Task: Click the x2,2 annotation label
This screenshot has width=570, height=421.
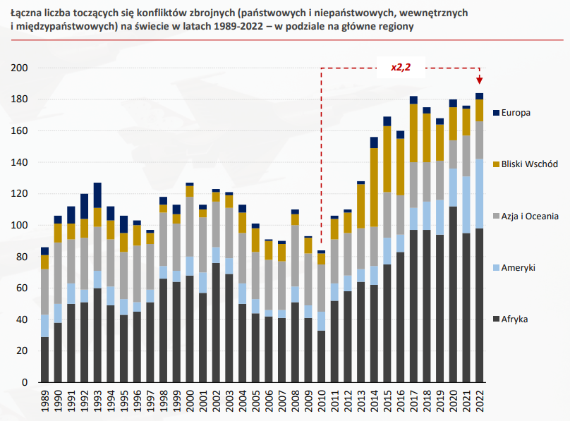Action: (401, 68)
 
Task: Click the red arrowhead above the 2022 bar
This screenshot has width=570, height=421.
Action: (480, 80)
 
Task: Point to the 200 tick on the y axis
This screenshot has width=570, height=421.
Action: (19, 68)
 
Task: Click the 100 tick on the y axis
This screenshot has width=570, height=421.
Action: (19, 226)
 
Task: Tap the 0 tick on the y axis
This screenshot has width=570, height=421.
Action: (23, 383)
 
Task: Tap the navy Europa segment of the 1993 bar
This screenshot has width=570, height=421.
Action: (97, 195)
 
